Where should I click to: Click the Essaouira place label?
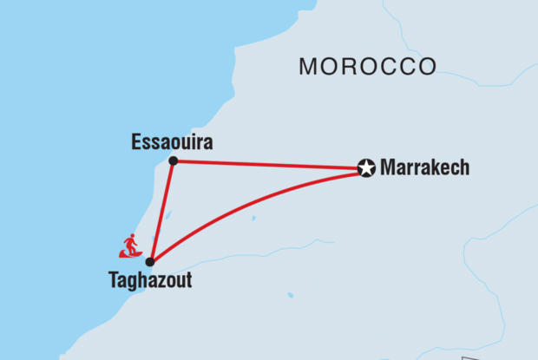[172, 141]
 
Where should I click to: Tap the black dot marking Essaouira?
[174, 160]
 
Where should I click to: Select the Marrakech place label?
[424, 168]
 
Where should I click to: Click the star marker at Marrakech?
[366, 168]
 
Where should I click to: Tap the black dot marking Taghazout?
[150, 261]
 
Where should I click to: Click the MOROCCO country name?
[367, 66]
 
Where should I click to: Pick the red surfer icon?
[130, 246]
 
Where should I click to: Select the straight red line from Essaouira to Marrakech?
[269, 164]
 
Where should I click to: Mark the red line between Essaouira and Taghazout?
[162, 211]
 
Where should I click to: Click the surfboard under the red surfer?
[130, 255]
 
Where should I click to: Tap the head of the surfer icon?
[131, 237]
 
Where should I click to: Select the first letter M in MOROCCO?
[307, 66]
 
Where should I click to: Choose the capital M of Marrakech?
[388, 168]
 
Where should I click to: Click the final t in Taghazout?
[187, 282]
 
